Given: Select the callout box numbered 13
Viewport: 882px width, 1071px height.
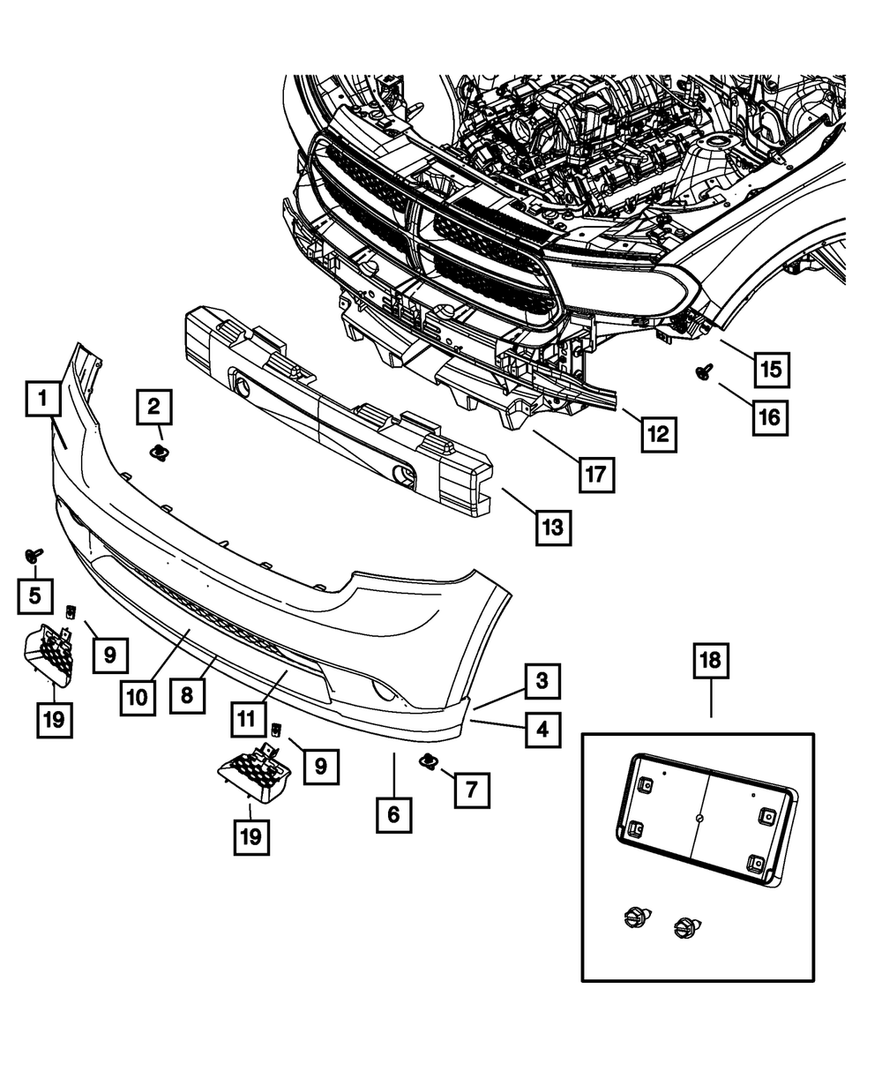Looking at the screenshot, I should point(553,528).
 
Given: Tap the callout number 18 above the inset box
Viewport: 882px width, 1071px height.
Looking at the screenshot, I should point(711,660).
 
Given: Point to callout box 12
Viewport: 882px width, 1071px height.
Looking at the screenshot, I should point(659,434).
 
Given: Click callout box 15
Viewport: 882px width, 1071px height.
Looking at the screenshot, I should point(771,369).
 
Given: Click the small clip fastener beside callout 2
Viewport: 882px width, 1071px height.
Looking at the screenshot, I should point(159,454).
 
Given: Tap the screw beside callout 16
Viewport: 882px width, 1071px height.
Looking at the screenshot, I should point(704,371).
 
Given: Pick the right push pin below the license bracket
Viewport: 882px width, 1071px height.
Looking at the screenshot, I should point(685,928).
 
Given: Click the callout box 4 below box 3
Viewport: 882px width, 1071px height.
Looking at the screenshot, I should point(542,730).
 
